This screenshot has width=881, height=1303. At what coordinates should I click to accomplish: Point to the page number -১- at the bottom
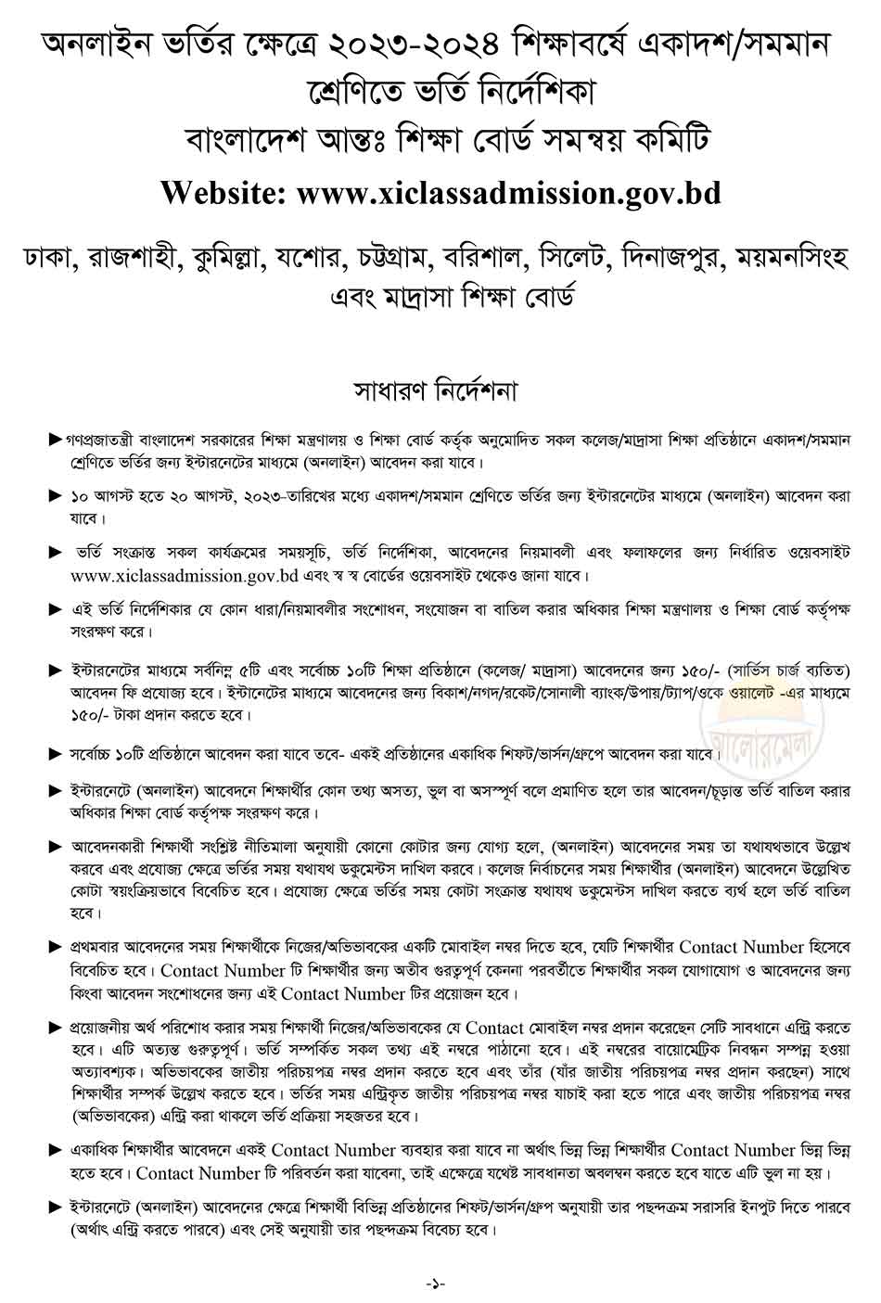click(436, 1283)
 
